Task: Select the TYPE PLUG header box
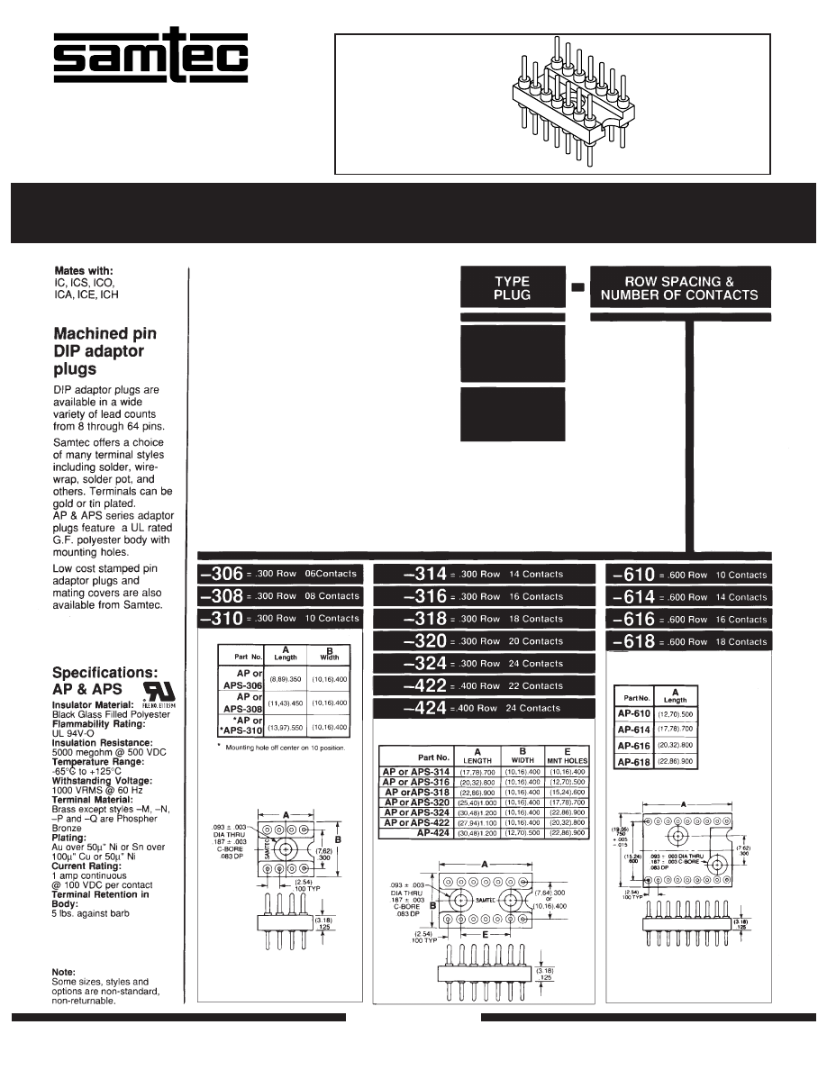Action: [513, 288]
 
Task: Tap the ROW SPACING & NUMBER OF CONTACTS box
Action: [680, 288]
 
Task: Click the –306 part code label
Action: [222, 574]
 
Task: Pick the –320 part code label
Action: [425, 641]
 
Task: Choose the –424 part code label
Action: [425, 709]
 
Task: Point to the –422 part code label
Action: [425, 686]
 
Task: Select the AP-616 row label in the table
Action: [634, 747]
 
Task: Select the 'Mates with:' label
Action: [84, 270]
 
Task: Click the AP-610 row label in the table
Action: [634, 714]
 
